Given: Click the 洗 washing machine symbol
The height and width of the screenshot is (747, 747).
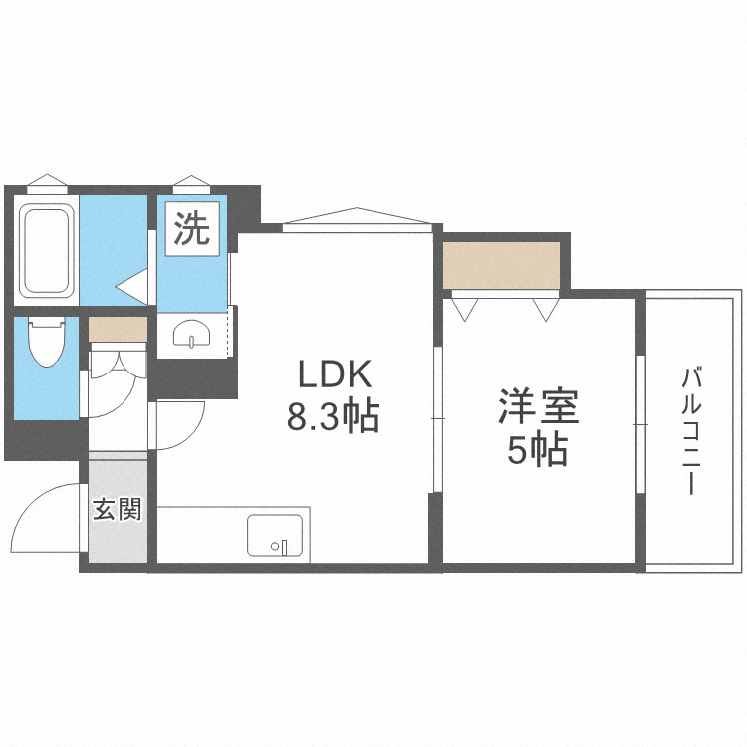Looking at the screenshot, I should click(192, 230).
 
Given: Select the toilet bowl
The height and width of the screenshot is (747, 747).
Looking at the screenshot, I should click(46, 345).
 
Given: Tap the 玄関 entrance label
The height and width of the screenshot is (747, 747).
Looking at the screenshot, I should click(118, 510).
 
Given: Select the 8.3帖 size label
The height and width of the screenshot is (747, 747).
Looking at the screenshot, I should click(333, 416).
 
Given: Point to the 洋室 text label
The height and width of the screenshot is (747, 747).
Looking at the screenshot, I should click(539, 408).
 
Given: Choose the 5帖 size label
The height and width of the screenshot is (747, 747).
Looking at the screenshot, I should click(538, 451).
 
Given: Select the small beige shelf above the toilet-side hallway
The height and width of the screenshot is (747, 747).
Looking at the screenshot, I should click(118, 328).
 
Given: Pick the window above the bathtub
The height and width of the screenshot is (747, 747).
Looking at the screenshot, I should click(47, 185).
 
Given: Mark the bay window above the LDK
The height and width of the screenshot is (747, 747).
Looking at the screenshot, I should click(359, 219).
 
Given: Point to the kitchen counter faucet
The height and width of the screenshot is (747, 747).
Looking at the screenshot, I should click(283, 546).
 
